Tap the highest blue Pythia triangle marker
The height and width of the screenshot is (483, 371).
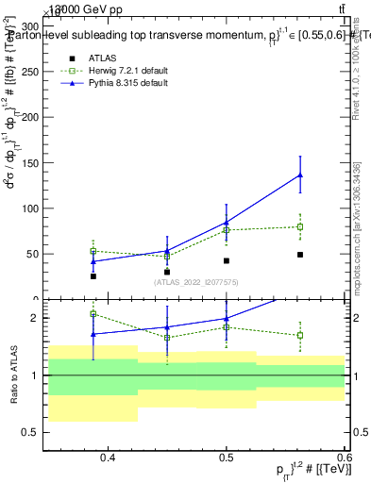pyautogui.click(x=300, y=175)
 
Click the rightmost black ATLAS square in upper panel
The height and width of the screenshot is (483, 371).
pyautogui.click(x=300, y=255)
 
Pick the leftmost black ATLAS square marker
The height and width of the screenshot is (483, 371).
pyautogui.click(x=93, y=276)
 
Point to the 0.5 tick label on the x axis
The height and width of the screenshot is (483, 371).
pyautogui.click(x=227, y=458)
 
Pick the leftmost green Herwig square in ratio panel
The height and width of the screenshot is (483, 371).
pyautogui.click(x=93, y=314)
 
